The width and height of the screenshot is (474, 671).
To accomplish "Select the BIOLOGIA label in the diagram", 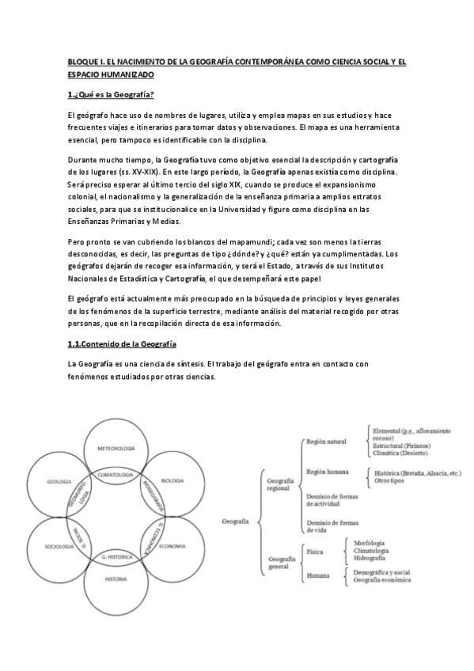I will pyautogui.click(x=173, y=480).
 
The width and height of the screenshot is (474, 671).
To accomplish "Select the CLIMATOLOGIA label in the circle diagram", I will pyautogui.click(x=116, y=473).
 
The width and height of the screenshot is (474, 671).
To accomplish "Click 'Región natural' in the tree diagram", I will pyautogui.click(x=327, y=442).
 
